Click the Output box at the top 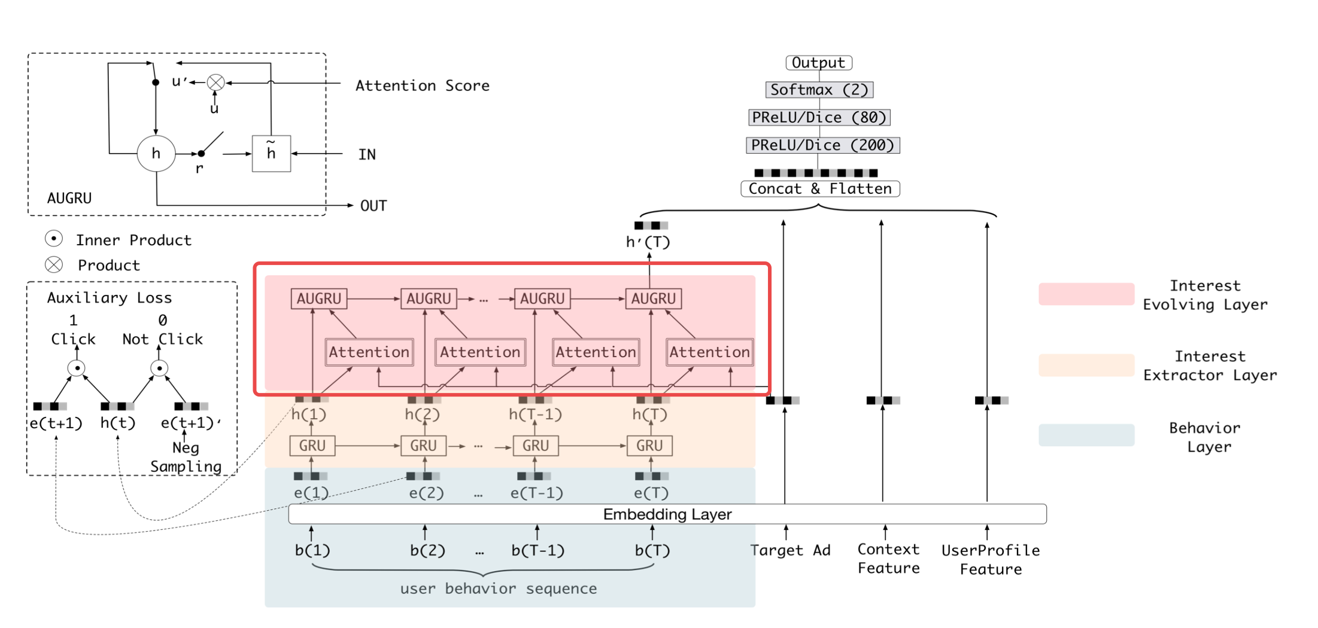point(818,63)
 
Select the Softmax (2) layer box point(819,90)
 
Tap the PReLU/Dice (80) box point(819,117)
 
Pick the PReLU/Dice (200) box point(822,145)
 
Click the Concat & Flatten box point(820,189)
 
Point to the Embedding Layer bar point(667,514)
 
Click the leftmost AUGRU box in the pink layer point(319,298)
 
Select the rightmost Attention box point(709,352)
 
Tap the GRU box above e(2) point(423,446)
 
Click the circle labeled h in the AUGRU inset point(156,154)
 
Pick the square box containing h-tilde point(271,154)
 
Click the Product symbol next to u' point(215,83)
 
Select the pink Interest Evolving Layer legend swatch point(1086,294)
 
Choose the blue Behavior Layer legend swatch point(1086,435)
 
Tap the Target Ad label point(790,550)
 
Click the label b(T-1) point(537,550)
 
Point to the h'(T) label point(648,242)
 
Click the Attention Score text point(422,86)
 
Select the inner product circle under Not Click point(159,368)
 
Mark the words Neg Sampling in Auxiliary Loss point(186,457)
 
